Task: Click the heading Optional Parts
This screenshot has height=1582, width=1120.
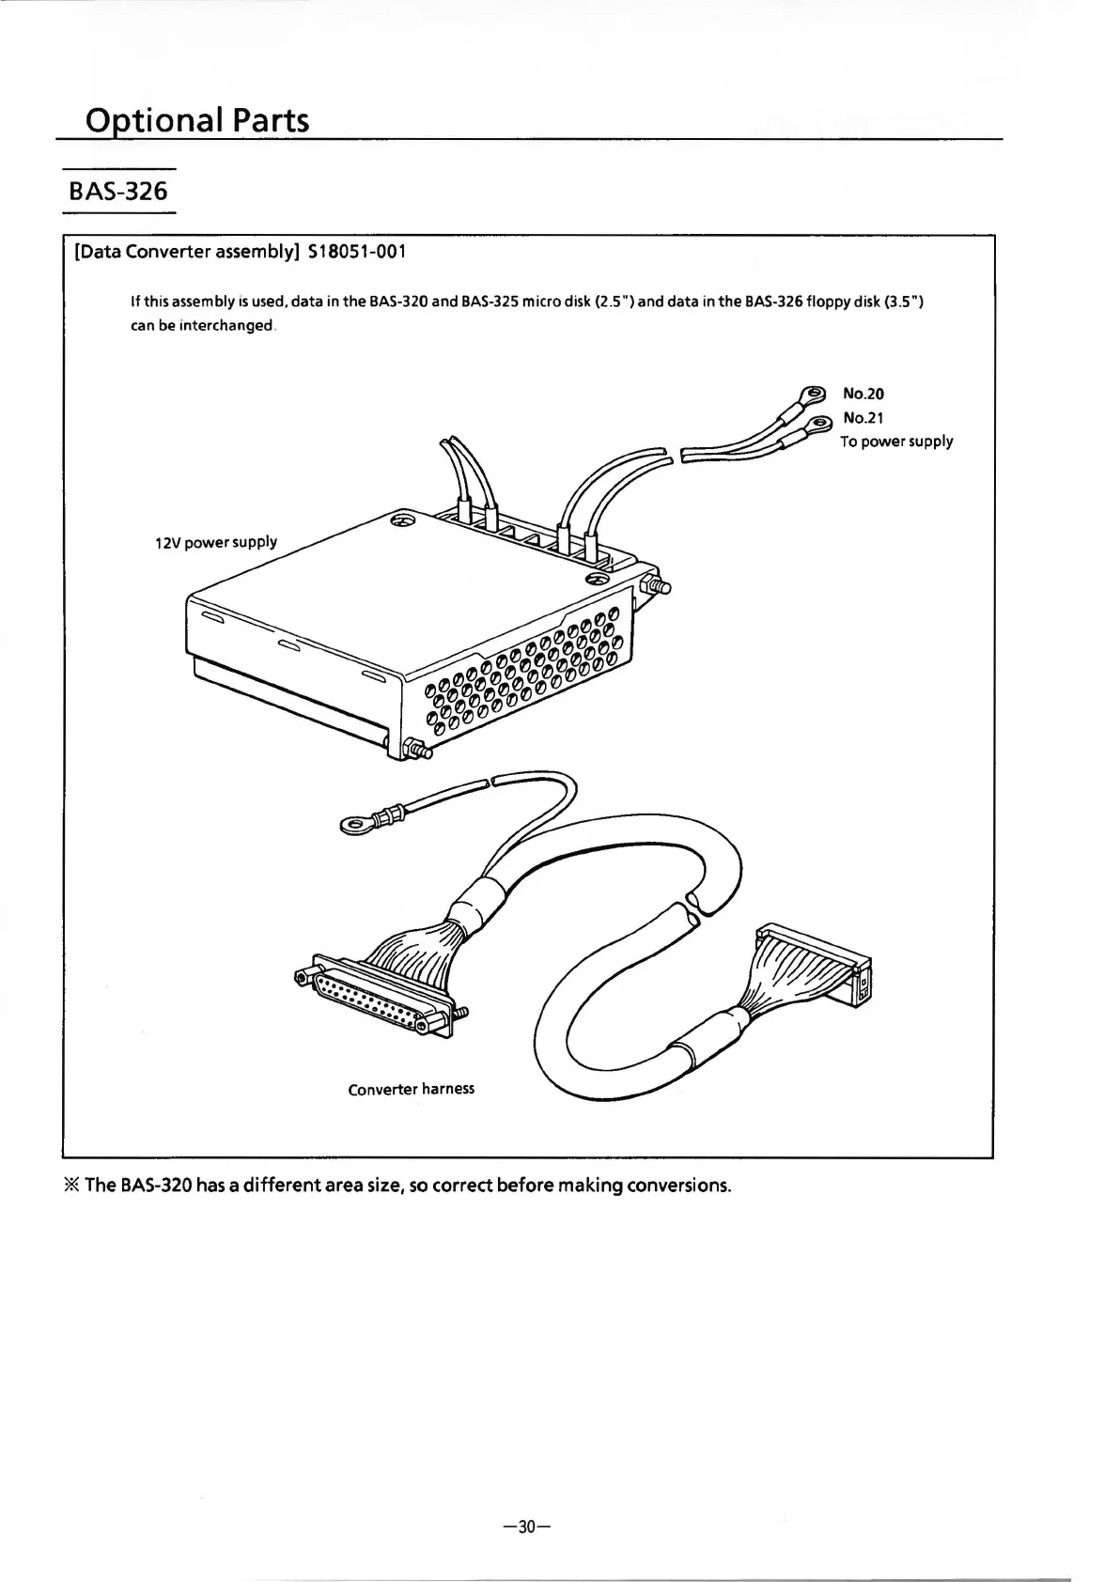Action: click(196, 120)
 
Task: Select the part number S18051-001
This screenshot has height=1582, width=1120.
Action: click(357, 252)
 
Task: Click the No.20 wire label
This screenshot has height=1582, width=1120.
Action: click(863, 394)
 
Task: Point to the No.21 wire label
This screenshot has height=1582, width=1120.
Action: click(863, 417)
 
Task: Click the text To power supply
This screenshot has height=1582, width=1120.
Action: click(895, 442)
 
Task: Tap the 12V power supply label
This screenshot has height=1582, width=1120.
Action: click(216, 542)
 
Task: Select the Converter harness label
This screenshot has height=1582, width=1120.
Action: click(411, 1089)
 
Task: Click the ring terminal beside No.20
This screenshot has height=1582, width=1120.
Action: click(809, 395)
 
